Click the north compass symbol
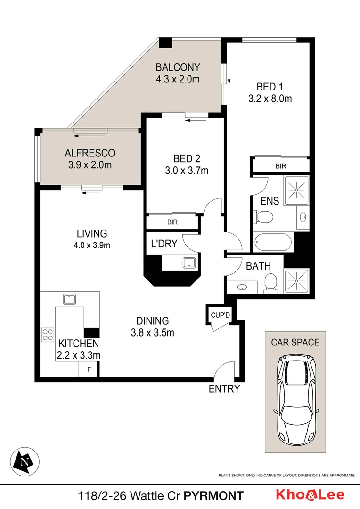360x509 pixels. click(25, 460)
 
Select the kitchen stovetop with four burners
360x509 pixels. click(48, 334)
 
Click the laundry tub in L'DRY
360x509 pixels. click(189, 263)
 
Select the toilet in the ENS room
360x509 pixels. click(264, 217)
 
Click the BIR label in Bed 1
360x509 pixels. click(280, 166)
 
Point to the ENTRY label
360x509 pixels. click(224, 389)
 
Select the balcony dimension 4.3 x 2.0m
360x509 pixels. click(178, 79)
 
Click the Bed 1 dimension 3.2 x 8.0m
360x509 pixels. click(270, 99)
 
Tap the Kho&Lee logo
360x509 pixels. click(310, 495)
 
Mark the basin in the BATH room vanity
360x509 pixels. click(242, 286)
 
